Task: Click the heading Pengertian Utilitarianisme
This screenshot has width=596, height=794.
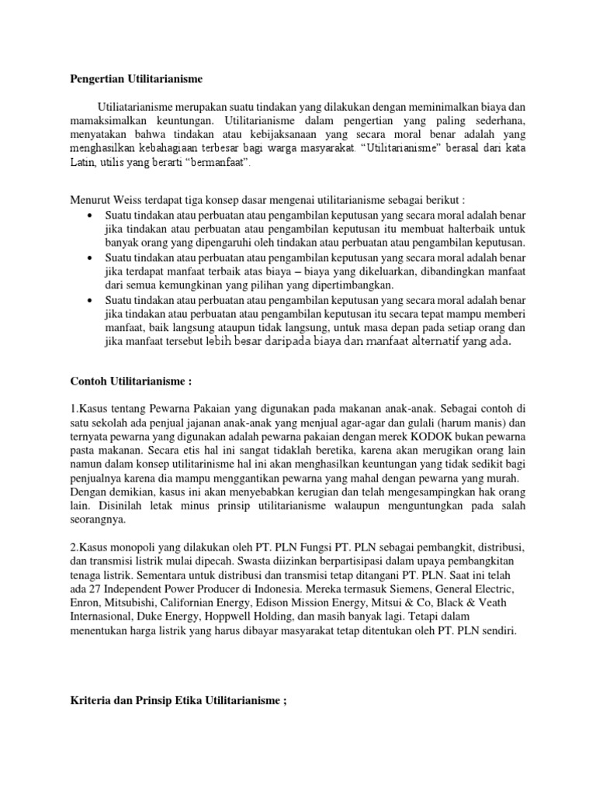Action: click(137, 79)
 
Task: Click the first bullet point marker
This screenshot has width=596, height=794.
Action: click(91, 214)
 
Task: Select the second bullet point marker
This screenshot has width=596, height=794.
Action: click(91, 257)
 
